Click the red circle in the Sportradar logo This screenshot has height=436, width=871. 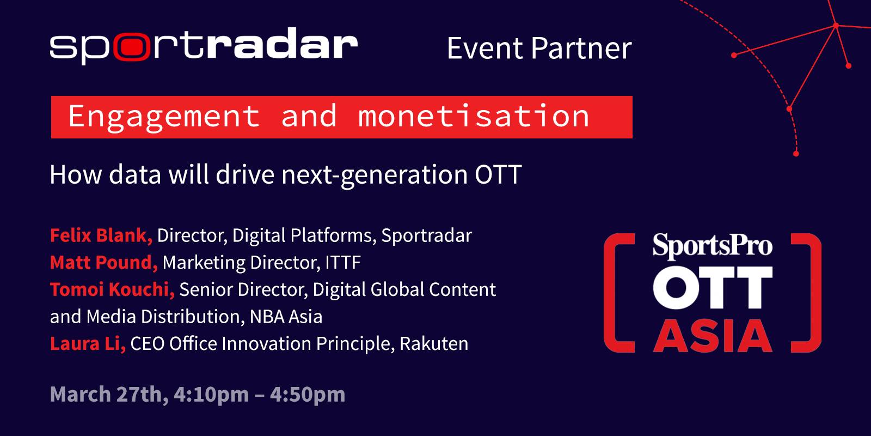(x=132, y=47)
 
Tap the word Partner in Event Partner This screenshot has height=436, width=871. (x=581, y=49)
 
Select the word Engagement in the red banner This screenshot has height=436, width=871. (x=164, y=117)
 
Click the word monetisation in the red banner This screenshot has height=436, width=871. (x=474, y=116)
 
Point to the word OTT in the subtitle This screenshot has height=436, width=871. (x=498, y=174)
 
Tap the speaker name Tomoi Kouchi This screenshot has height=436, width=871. (x=112, y=289)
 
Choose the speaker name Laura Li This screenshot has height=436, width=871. (x=88, y=344)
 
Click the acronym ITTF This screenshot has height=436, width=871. (x=343, y=262)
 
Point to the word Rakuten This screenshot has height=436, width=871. (x=434, y=344)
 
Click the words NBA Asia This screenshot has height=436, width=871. (x=286, y=317)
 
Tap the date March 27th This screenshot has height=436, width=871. (x=109, y=394)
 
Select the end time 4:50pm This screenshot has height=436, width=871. (x=308, y=395)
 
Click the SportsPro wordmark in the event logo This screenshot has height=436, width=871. (x=713, y=246)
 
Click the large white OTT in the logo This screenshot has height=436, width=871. (x=713, y=288)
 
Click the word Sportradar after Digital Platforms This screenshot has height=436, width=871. (x=427, y=235)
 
